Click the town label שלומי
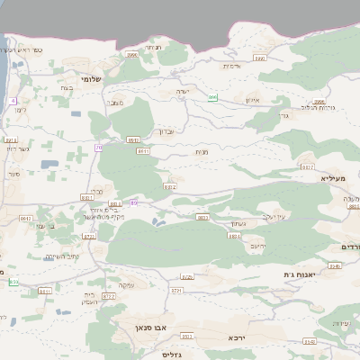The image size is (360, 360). point(91,78)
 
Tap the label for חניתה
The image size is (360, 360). point(153,48)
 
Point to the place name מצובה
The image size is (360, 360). point(114,103)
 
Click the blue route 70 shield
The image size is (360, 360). point(98,147)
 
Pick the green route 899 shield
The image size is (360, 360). point(212,97)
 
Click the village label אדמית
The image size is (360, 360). point(231,65)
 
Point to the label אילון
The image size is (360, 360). point(251,101)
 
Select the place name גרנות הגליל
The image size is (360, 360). point(316,109)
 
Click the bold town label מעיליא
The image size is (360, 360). point(333,179)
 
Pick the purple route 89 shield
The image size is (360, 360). point(133,202)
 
